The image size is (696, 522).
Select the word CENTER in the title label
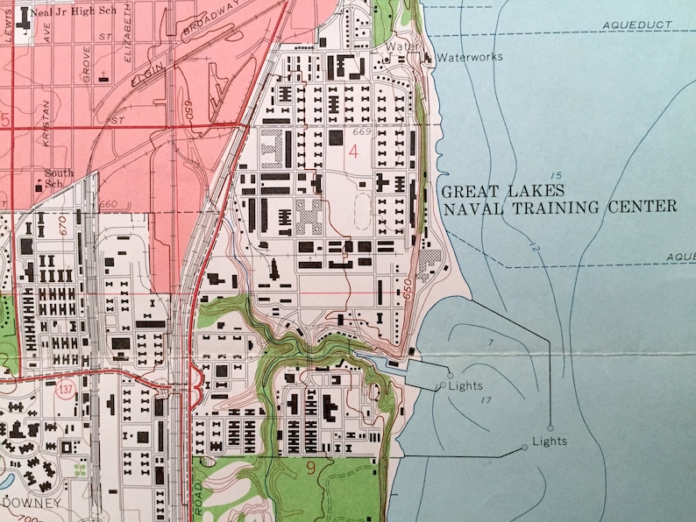(x=646, y=208)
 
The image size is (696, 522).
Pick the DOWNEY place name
(x=31, y=503)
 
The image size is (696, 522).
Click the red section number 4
(x=353, y=152)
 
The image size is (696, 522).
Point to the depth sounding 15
(x=558, y=175)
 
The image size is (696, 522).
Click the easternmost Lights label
(x=550, y=441)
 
